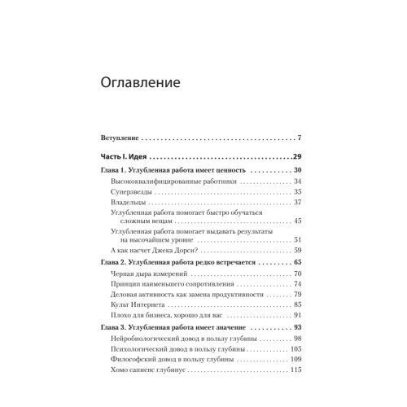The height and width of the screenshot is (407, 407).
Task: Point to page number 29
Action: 297,155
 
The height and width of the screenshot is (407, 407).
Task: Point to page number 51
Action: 298,239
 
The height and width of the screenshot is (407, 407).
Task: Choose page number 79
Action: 298,294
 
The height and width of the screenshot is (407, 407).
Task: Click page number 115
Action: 296,370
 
